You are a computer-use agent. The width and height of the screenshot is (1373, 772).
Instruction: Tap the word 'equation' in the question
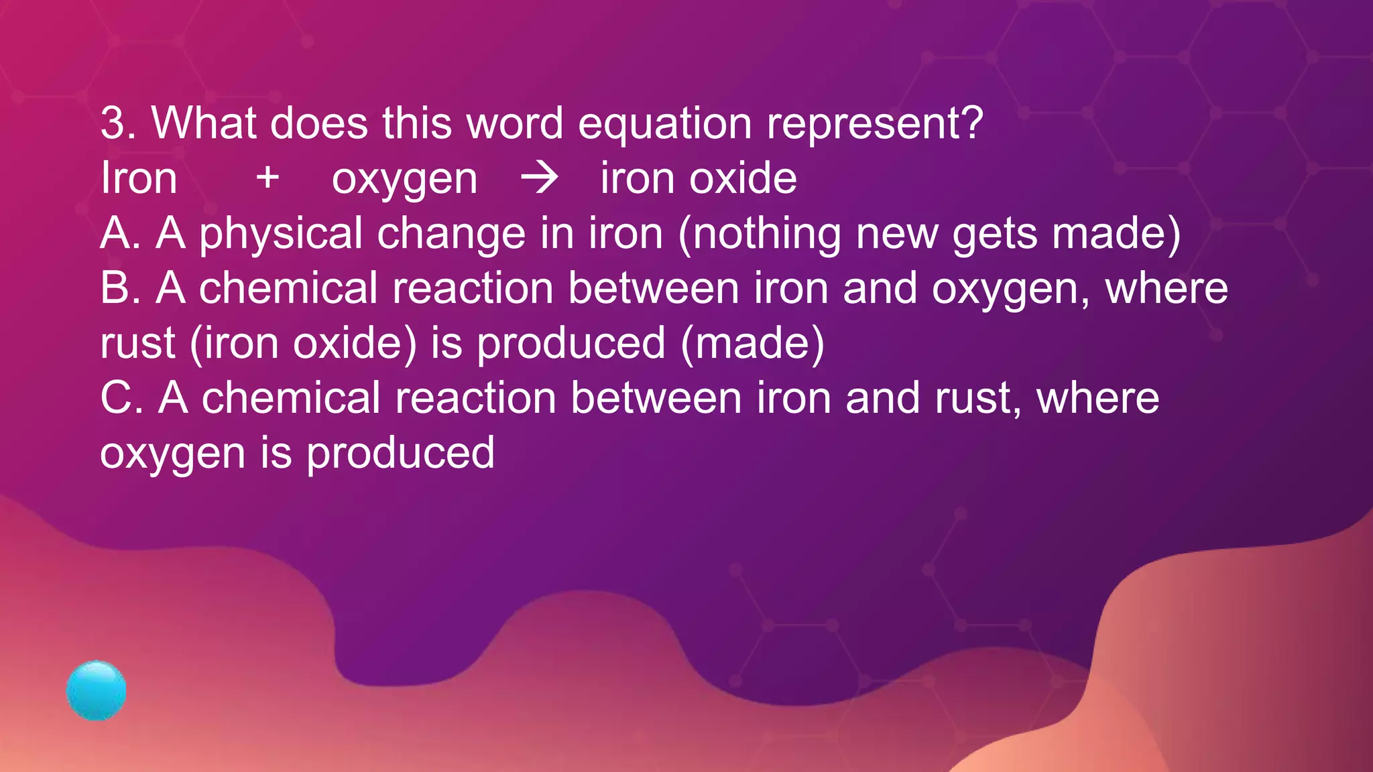click(664, 125)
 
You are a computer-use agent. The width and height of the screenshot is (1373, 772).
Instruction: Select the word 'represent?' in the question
click(874, 125)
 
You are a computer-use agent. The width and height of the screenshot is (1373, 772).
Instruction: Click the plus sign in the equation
click(267, 178)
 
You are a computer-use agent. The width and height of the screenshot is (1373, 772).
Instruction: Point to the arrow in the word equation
click(540, 178)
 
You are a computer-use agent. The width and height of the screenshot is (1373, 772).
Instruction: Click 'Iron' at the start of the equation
click(139, 178)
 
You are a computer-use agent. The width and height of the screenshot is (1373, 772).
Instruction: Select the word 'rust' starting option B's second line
click(137, 343)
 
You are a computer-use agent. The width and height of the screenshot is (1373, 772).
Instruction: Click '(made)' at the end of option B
click(752, 343)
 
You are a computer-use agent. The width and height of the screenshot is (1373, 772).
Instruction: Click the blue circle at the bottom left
click(97, 690)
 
